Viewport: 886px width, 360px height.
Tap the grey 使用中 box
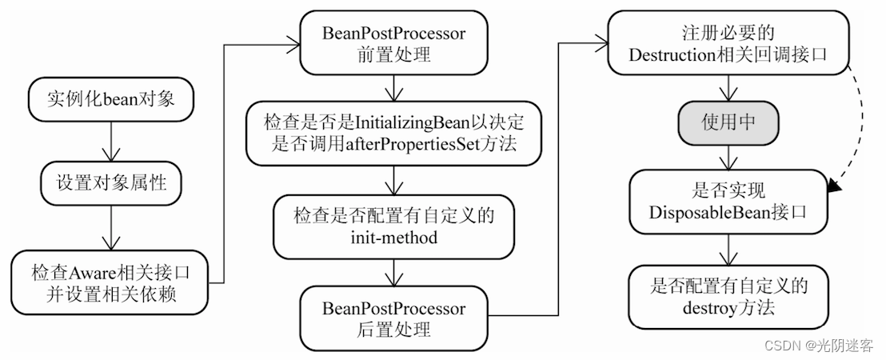[727, 122]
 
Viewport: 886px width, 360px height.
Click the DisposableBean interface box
[728, 201]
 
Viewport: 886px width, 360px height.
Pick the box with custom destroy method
[728, 296]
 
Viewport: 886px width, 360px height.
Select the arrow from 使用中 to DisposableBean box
[727, 158]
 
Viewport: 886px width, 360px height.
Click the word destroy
[706, 308]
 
